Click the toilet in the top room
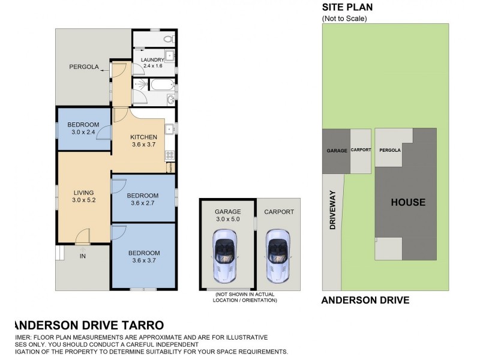coord(168,38)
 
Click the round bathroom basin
coord(171,98)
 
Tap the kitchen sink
coord(170,128)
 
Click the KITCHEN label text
coord(143,137)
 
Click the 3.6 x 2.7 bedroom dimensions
coord(143,203)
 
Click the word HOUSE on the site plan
coord(408,202)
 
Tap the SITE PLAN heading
coord(347,7)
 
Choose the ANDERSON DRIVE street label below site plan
coord(365,300)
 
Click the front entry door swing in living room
coord(83,235)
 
